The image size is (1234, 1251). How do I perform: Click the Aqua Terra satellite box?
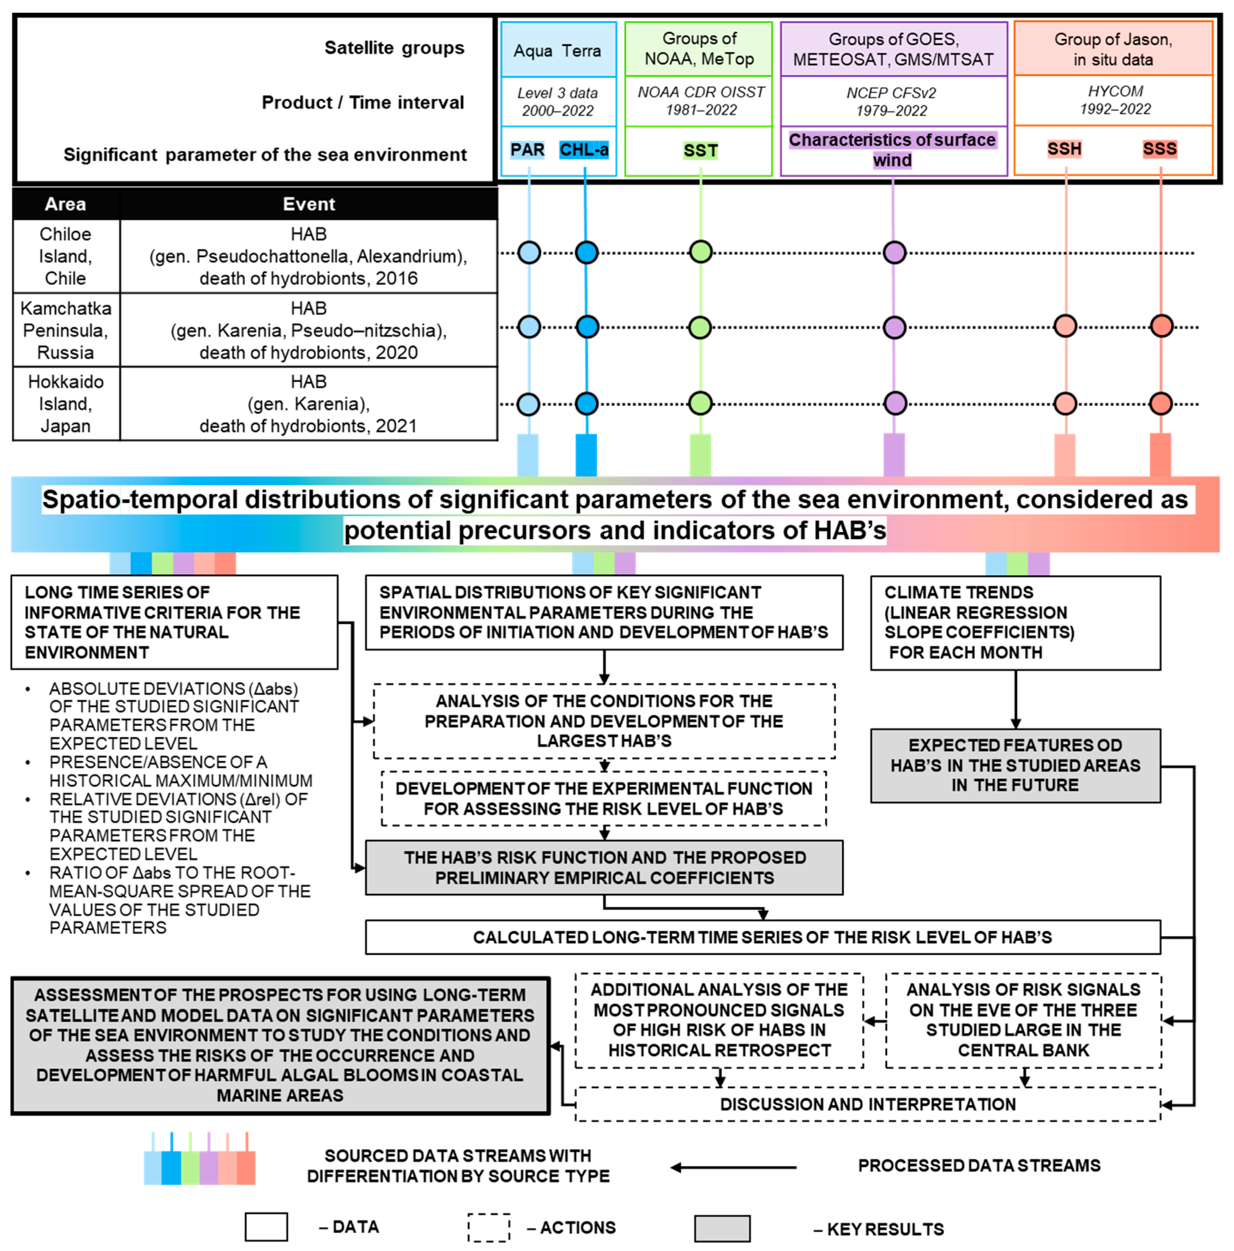pos(558,51)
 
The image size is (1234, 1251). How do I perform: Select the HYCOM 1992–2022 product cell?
pos(1114,100)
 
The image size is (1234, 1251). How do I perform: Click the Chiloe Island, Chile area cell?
pos(66,256)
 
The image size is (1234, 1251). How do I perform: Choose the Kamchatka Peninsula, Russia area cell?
pos(66,330)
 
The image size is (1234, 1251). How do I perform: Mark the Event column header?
pos(309,204)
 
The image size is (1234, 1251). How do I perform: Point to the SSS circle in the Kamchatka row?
pos(1161,326)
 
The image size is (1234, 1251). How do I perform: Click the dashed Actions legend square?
pos(489,1227)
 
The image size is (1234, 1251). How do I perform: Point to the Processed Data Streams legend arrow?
pos(733,1167)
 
